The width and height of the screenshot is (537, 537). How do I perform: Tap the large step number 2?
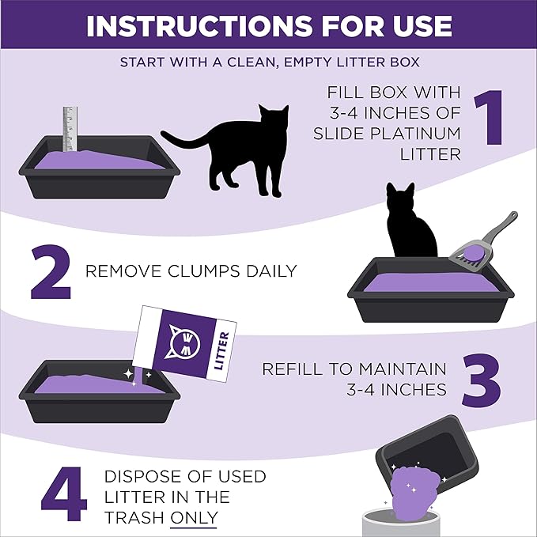(x=51, y=271)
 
